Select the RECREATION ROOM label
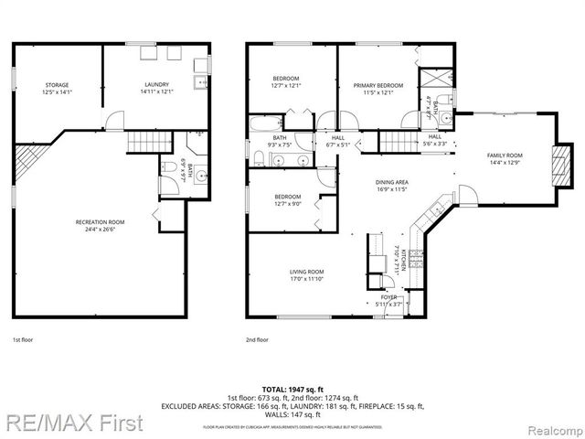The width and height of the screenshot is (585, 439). pyautogui.click(x=101, y=222)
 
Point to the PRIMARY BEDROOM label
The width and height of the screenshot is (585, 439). pyautogui.click(x=378, y=84)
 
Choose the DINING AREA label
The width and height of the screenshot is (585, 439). pyautogui.click(x=391, y=182)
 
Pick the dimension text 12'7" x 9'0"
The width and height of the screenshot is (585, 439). pyautogui.click(x=288, y=204)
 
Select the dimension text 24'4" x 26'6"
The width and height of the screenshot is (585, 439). pyautogui.click(x=101, y=230)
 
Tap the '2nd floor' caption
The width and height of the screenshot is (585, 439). pyautogui.click(x=257, y=339)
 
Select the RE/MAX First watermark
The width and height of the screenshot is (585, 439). pyautogui.click(x=72, y=423)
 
